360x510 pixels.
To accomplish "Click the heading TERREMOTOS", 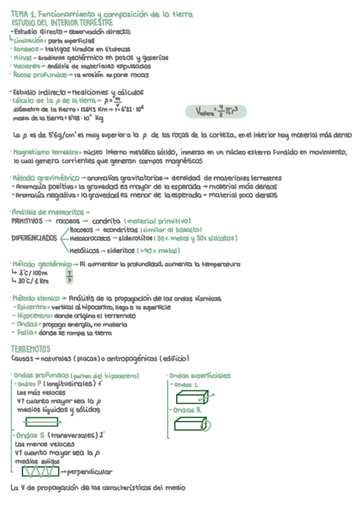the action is (31, 349).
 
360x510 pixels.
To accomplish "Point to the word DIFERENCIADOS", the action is (34, 238).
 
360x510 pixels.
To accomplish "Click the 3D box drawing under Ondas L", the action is (193, 397).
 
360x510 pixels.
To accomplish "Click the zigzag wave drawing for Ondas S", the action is (40, 471).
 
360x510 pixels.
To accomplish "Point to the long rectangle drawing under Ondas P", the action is (42, 422).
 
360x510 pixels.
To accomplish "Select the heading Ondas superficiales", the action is (200, 376).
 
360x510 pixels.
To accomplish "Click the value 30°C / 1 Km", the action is (34, 281).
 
